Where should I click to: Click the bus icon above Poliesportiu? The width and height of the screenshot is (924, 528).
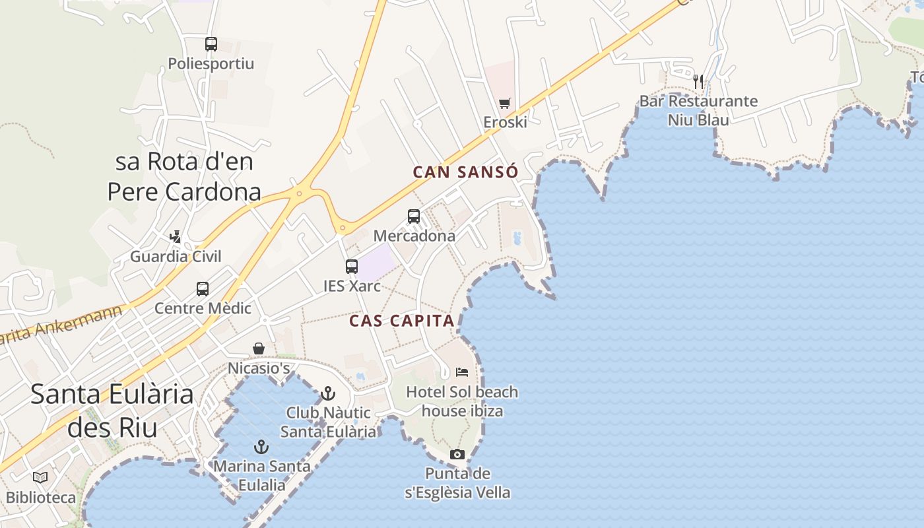[x=211, y=44]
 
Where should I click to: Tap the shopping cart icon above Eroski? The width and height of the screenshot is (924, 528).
[x=505, y=103]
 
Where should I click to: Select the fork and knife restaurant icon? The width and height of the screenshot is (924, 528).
[x=698, y=82]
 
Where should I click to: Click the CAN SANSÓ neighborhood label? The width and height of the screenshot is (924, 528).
[x=465, y=172]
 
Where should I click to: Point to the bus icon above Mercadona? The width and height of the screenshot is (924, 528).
[x=414, y=216]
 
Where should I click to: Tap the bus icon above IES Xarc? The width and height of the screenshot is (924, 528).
[x=352, y=267]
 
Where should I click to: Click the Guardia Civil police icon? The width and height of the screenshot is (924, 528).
[x=176, y=236]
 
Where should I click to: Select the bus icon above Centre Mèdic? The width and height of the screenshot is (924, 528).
[x=203, y=288]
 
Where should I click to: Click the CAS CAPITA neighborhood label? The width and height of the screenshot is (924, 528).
[x=402, y=321]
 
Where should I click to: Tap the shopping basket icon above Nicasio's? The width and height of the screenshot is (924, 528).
[x=259, y=348]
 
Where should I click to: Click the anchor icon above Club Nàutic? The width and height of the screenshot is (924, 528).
[x=327, y=393]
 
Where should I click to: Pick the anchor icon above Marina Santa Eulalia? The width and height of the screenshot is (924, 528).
[x=262, y=447]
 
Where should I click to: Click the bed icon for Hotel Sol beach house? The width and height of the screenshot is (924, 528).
[x=462, y=372]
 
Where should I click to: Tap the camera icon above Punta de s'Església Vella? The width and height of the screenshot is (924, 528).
[x=457, y=454]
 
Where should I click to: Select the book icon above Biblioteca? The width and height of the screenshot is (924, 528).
[x=40, y=477]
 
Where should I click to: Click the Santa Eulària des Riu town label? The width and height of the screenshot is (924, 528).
[x=112, y=410]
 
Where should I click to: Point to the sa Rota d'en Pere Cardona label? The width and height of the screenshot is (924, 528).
[x=184, y=176]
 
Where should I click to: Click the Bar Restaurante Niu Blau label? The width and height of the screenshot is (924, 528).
[x=698, y=110]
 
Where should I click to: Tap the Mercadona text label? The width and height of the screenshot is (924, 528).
[x=414, y=236]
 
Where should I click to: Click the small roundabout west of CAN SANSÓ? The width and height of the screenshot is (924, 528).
[x=298, y=193]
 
